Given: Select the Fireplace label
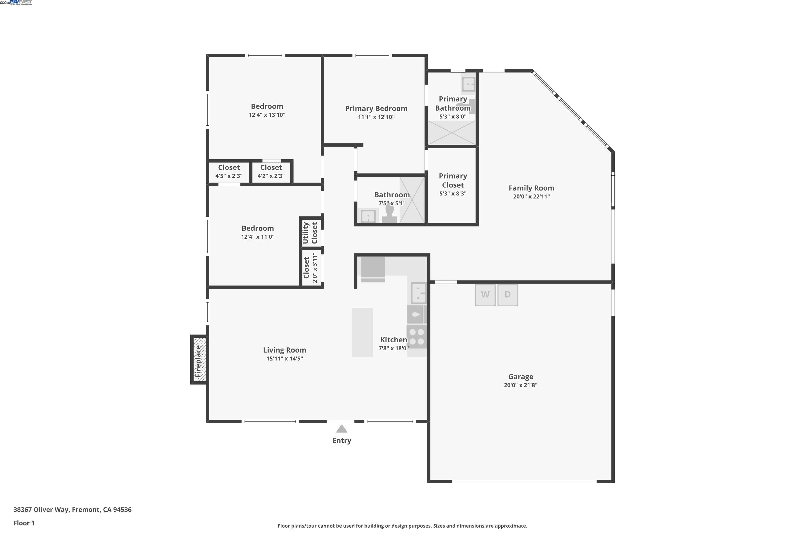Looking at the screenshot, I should coord(198,361).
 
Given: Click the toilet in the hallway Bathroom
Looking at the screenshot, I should coord(390,214).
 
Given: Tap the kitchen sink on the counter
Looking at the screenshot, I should coord(419,293).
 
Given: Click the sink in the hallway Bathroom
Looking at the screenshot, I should coord(368,216).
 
